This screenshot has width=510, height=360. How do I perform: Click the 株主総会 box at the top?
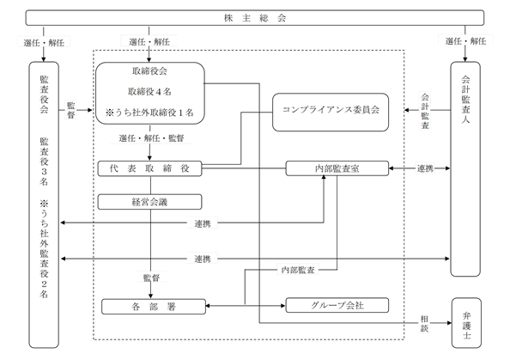tap(255, 17)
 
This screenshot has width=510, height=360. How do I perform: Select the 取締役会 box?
tap(150, 93)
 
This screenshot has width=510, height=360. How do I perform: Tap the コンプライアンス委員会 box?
tap(331, 113)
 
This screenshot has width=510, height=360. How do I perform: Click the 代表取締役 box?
tap(149, 168)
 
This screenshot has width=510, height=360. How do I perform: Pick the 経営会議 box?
tap(149, 202)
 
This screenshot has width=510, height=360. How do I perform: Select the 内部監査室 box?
tap(337, 168)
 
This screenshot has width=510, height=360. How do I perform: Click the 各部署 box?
tap(154, 307)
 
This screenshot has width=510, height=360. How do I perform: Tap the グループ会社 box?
tap(337, 305)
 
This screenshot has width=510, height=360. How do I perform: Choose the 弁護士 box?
tap(466, 323)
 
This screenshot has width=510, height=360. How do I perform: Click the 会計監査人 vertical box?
tap(465, 169)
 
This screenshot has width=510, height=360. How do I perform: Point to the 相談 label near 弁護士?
tap(424, 323)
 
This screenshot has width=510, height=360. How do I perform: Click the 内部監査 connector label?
tap(298, 270)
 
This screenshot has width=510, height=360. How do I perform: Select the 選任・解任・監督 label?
tap(152, 138)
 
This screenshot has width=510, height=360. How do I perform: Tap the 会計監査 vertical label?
tap(425, 111)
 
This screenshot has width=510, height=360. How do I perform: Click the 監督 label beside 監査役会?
tap(71, 110)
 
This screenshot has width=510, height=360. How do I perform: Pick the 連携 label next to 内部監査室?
tap(425, 168)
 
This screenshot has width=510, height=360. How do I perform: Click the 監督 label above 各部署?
tap(152, 278)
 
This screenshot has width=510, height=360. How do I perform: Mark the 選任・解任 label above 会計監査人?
tap(465, 41)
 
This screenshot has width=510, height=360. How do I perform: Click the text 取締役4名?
tap(149, 92)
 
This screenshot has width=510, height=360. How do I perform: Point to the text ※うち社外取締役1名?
tap(149, 113)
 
